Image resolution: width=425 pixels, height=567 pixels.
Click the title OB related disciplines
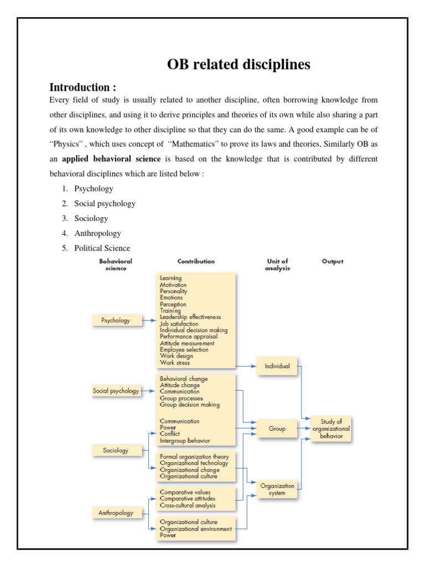pyautogui.click(x=239, y=65)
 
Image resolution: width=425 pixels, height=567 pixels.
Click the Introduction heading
pyautogui.click(x=83, y=87)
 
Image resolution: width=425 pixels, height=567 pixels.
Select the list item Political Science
pyautogui.click(x=102, y=248)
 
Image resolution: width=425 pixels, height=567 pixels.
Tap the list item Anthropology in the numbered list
pyautogui.click(x=97, y=233)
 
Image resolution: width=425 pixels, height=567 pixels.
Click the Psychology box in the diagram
pyautogui.click(x=116, y=320)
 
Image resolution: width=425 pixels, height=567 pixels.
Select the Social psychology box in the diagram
pyautogui.click(x=116, y=390)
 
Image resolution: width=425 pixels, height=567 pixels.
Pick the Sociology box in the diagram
pyautogui.click(x=116, y=450)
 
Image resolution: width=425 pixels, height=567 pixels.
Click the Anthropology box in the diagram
pyautogui.click(x=116, y=513)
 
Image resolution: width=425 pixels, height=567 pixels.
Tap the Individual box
pyautogui.click(x=277, y=366)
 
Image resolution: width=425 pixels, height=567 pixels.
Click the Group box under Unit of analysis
pyautogui.click(x=277, y=429)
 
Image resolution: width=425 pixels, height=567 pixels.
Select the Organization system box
pyautogui.click(x=277, y=489)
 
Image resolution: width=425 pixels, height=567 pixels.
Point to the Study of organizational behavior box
pyautogui.click(x=332, y=429)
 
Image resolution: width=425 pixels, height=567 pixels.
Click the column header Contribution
pyautogui.click(x=196, y=261)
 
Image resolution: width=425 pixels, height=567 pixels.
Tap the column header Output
pyautogui.click(x=333, y=261)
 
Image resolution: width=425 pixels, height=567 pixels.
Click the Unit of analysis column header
pyautogui.click(x=277, y=265)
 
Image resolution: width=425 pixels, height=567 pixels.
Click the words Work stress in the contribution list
pyautogui.click(x=175, y=363)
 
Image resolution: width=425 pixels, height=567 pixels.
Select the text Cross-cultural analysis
pyautogui.click(x=188, y=506)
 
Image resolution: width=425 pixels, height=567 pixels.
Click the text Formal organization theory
pyautogui.click(x=194, y=457)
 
